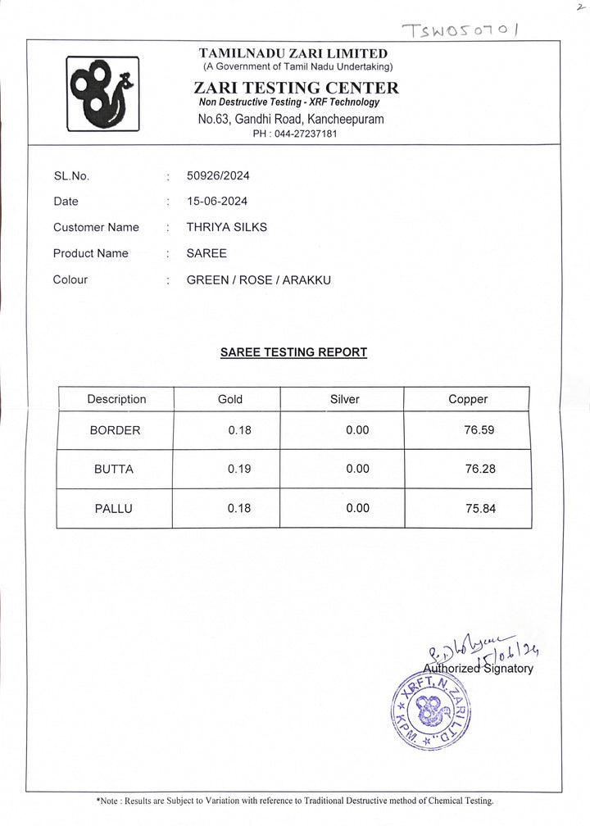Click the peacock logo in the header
point(102,93)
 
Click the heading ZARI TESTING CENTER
point(296,88)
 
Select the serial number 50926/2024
point(218,175)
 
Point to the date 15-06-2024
point(217,202)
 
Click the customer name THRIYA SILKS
point(227,227)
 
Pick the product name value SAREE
point(206,253)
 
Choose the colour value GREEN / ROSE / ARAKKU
point(259,279)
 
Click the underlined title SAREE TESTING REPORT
point(293,352)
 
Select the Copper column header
point(467,399)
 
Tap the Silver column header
point(344,399)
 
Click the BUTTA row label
point(113,470)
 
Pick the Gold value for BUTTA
point(239,470)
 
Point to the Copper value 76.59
point(479,430)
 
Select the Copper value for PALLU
point(479,509)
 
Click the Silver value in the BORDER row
point(357,430)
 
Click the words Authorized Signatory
point(478,669)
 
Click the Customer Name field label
point(96,227)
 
